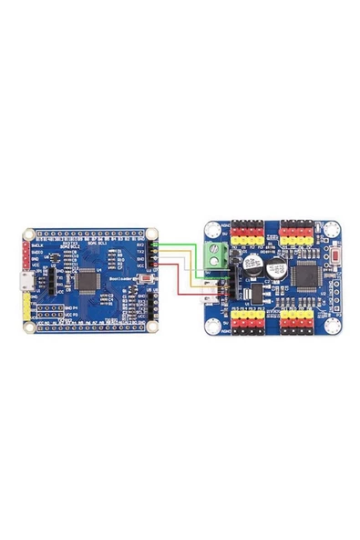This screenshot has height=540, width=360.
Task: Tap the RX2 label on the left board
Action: click(139, 244)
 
